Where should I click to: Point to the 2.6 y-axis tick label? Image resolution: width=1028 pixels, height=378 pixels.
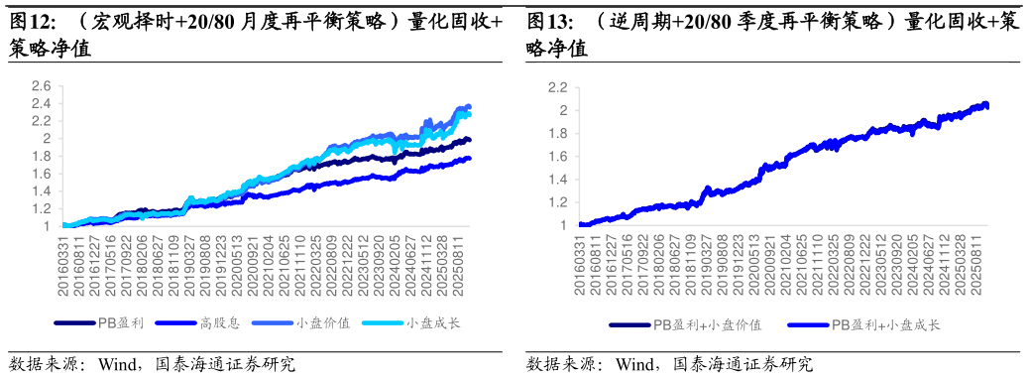click(41, 86)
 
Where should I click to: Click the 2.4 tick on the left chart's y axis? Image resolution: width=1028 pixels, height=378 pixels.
click(41, 104)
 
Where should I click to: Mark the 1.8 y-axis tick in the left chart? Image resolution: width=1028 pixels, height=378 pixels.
click(41, 157)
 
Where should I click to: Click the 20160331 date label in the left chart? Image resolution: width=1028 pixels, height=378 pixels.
click(63, 266)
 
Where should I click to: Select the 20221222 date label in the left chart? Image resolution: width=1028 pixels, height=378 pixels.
click(346, 266)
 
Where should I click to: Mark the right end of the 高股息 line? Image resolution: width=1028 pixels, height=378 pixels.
click(469, 158)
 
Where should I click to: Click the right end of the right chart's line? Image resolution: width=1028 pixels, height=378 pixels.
click(986, 105)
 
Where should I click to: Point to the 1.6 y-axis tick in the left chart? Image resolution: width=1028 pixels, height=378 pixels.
click(41, 174)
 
